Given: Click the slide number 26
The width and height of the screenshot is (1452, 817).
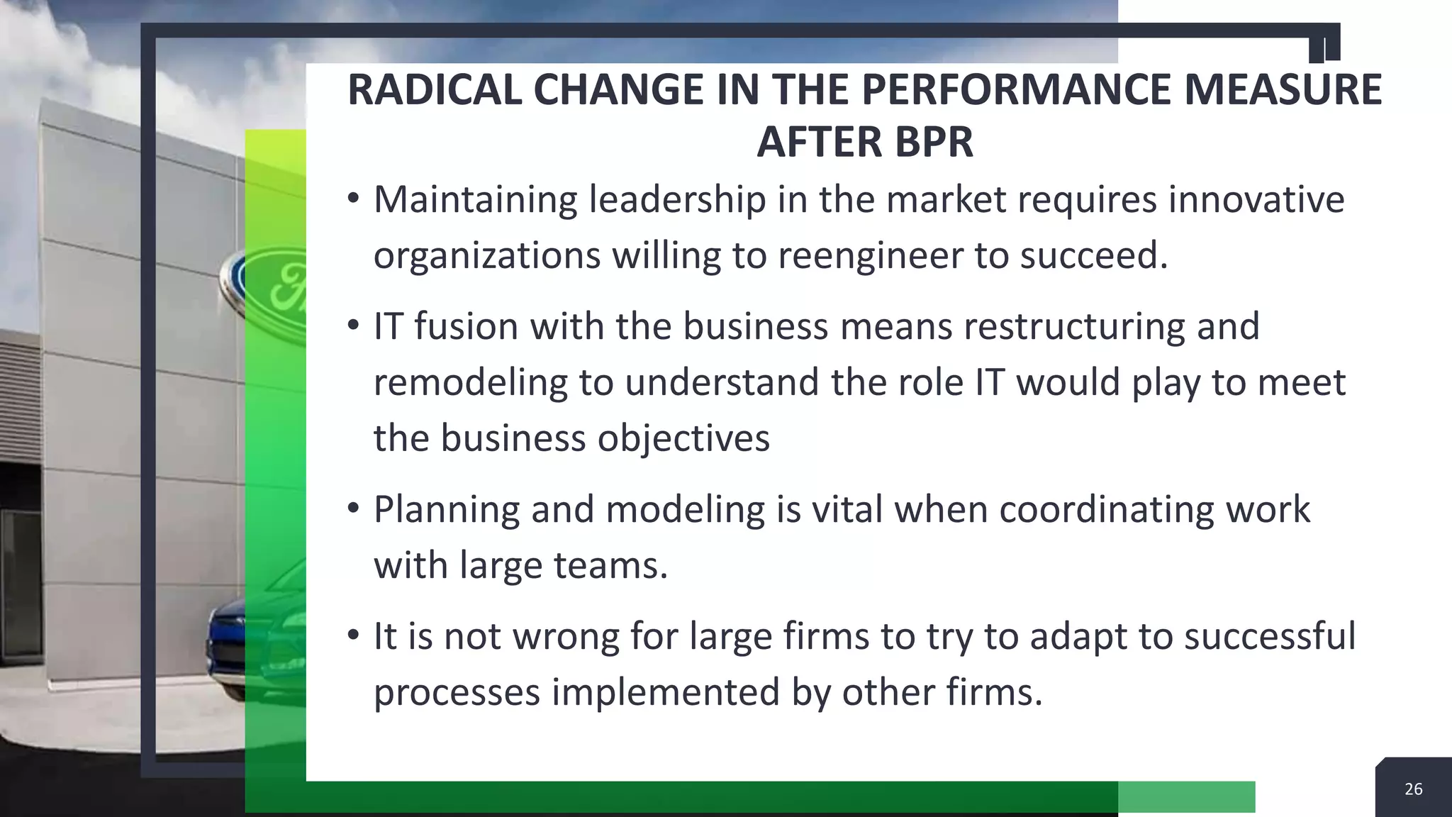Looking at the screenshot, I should tap(1413, 789).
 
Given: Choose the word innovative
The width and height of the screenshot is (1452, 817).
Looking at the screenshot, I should tap(1256, 199).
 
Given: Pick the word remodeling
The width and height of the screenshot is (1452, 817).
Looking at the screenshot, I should tap(470, 382).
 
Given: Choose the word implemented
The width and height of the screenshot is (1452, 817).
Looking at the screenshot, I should tap(666, 691).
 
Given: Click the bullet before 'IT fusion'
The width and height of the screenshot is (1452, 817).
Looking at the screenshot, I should tap(353, 326).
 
